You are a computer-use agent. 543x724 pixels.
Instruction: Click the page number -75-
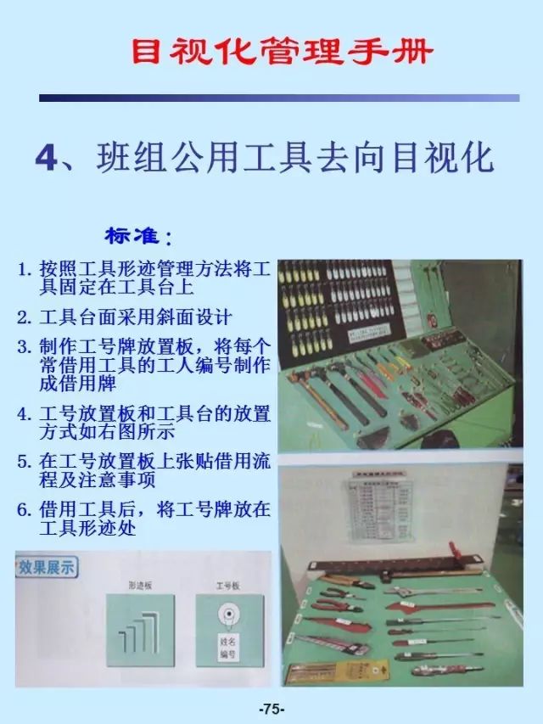(x=271, y=709)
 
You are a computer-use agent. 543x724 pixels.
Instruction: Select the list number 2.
(x=25, y=318)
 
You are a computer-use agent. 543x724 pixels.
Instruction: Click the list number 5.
(x=25, y=462)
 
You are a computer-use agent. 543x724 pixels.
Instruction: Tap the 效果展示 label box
(x=47, y=566)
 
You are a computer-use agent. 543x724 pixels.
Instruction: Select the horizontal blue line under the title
(x=279, y=98)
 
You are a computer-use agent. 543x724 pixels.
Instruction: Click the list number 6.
(x=25, y=510)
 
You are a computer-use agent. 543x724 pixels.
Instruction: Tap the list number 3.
(x=25, y=346)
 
